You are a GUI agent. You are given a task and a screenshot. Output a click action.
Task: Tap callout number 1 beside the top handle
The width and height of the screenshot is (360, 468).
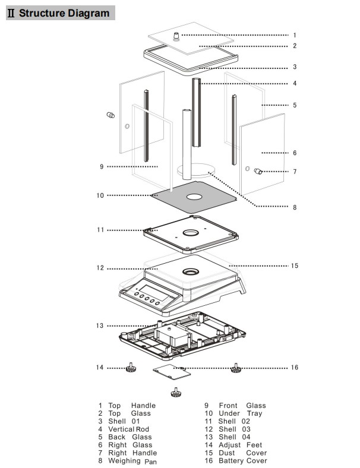(294, 35)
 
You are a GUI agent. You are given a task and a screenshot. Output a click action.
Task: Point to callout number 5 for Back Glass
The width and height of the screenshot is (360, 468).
(294, 105)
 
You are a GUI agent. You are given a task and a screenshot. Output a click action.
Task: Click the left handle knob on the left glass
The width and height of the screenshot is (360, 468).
(110, 115)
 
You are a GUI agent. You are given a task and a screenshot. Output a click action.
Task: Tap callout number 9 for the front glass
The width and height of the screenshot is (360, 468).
(102, 167)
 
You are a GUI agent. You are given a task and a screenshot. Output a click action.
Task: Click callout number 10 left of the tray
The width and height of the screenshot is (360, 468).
(100, 195)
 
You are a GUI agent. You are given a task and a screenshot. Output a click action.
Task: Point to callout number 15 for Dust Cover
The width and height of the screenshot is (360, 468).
(294, 265)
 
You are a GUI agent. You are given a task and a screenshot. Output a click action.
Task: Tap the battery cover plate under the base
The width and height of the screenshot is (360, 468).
(172, 372)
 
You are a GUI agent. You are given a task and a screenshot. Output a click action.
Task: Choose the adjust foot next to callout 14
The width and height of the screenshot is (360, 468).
(129, 369)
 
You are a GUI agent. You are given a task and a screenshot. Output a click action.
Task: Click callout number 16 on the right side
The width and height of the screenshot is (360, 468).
(294, 368)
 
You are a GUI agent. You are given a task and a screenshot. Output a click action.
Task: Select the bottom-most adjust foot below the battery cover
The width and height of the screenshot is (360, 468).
(175, 391)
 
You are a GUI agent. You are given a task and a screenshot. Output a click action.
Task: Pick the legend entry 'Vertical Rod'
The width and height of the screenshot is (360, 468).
(128, 429)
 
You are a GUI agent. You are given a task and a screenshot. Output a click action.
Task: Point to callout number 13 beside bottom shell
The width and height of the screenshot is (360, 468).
(100, 325)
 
